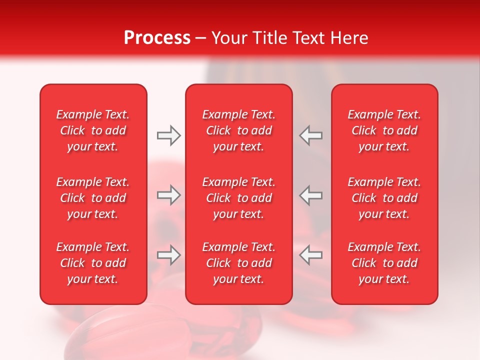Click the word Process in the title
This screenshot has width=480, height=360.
pyautogui.click(x=157, y=38)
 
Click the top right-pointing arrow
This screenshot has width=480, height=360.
pyautogui.click(x=168, y=135)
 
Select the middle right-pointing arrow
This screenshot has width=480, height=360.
pyautogui.click(x=168, y=195)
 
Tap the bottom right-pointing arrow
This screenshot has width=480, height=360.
pyautogui.click(x=168, y=255)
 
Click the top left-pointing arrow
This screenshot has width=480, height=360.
pyautogui.click(x=310, y=135)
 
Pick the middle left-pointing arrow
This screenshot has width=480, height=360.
pyautogui.click(x=310, y=195)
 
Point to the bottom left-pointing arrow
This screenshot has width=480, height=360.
pyautogui.click(x=310, y=255)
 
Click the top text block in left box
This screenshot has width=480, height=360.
pyautogui.click(x=93, y=130)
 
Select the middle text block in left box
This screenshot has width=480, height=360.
pyautogui.click(x=93, y=198)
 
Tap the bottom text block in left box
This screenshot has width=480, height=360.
pyautogui.click(x=93, y=263)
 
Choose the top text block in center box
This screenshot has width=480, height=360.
pyautogui.click(x=239, y=130)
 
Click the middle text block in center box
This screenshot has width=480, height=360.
pyautogui.click(x=239, y=198)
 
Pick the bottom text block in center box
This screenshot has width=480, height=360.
pyautogui.click(x=239, y=263)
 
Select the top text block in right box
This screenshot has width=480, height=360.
pyautogui.click(x=384, y=130)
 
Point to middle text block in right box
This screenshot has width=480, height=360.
pyautogui.click(x=384, y=198)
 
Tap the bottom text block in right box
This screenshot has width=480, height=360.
pyautogui.click(x=384, y=263)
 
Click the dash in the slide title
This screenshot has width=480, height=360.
pyautogui.click(x=201, y=38)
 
